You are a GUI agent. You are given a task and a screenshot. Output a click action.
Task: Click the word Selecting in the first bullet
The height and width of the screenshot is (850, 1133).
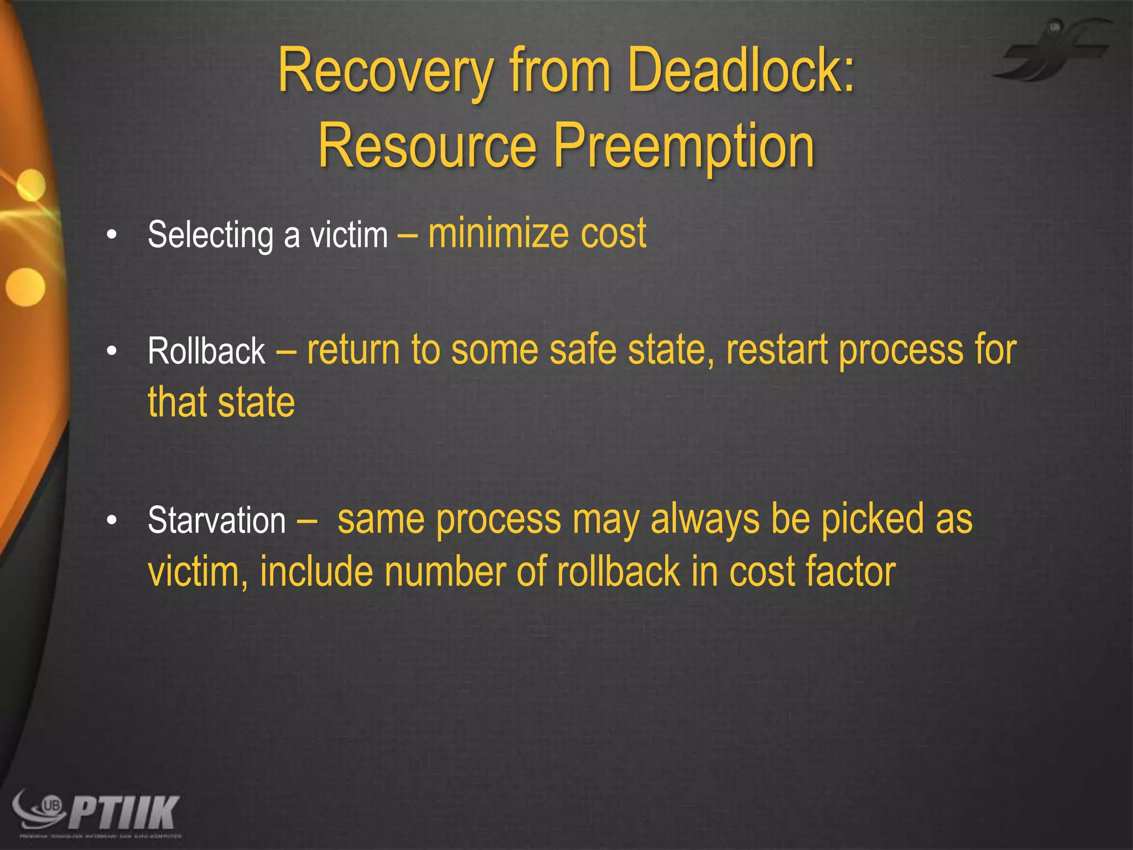(210, 235)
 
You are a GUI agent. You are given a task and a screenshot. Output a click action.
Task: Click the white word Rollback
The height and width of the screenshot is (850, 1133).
(206, 351)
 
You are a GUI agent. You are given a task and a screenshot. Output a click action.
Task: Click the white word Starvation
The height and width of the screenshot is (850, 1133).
(217, 521)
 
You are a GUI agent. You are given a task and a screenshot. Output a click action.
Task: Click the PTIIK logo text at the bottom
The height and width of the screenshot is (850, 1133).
(124, 812)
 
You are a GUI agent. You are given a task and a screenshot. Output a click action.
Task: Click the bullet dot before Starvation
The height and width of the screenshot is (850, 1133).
(112, 521)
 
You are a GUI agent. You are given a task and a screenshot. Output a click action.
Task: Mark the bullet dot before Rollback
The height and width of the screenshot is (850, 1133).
(112, 351)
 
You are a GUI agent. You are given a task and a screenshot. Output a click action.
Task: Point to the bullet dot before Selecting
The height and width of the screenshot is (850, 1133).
(112, 235)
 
